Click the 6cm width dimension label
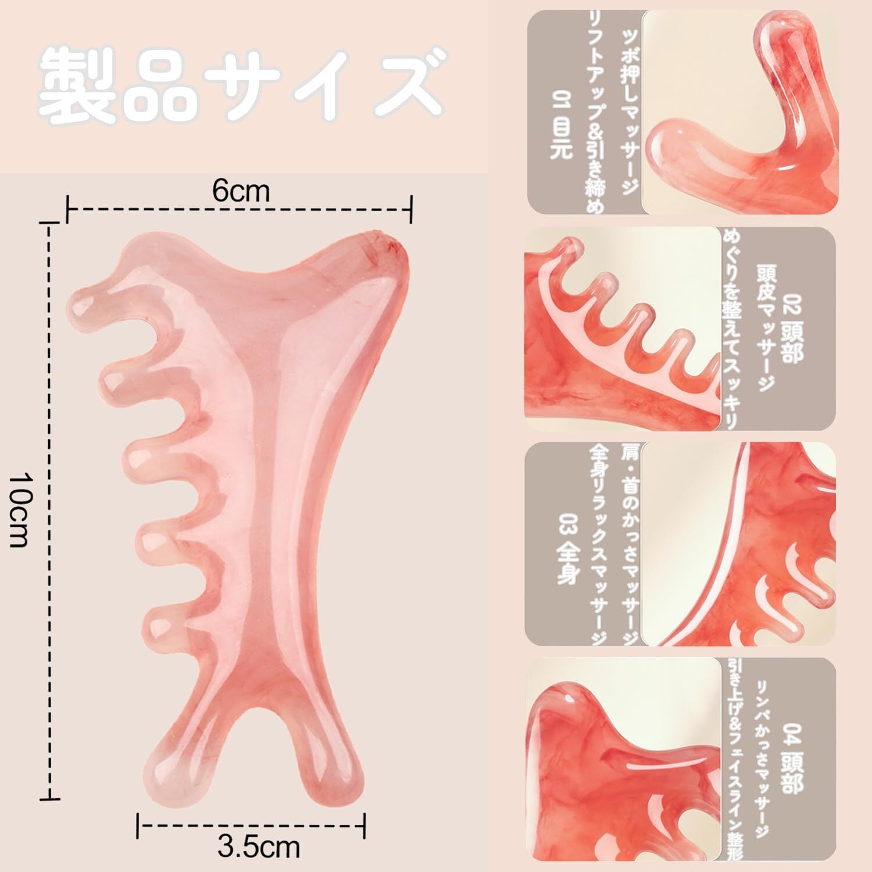241,191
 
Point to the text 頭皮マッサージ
765,328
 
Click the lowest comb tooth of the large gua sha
157,623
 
